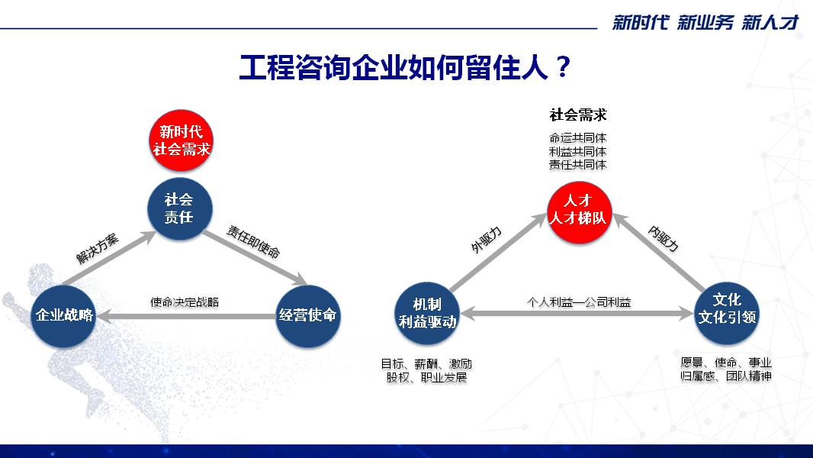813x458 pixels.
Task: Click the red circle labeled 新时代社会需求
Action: click(x=181, y=140)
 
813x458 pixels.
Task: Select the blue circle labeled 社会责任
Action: click(x=179, y=208)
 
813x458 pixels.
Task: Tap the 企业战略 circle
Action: click(x=63, y=314)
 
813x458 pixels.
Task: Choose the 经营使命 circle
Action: click(x=307, y=314)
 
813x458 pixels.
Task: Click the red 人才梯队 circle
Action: click(x=579, y=211)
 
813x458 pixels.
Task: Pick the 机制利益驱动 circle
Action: click(x=427, y=313)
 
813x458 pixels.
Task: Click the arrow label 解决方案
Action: click(x=98, y=249)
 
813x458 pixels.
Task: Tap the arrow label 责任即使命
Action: click(x=253, y=242)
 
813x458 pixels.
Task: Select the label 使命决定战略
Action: click(x=185, y=302)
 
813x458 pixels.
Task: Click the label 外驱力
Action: click(x=487, y=240)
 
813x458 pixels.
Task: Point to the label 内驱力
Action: click(x=664, y=239)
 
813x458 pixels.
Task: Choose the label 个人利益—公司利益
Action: click(x=579, y=302)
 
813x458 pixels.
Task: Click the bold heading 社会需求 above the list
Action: click(x=578, y=114)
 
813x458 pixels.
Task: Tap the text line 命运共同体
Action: click(x=578, y=138)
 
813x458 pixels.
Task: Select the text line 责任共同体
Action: click(x=578, y=164)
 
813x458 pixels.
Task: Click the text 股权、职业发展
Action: click(x=426, y=377)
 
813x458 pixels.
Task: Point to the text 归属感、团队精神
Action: click(x=726, y=376)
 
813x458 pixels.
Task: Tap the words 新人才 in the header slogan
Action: click(x=770, y=22)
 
